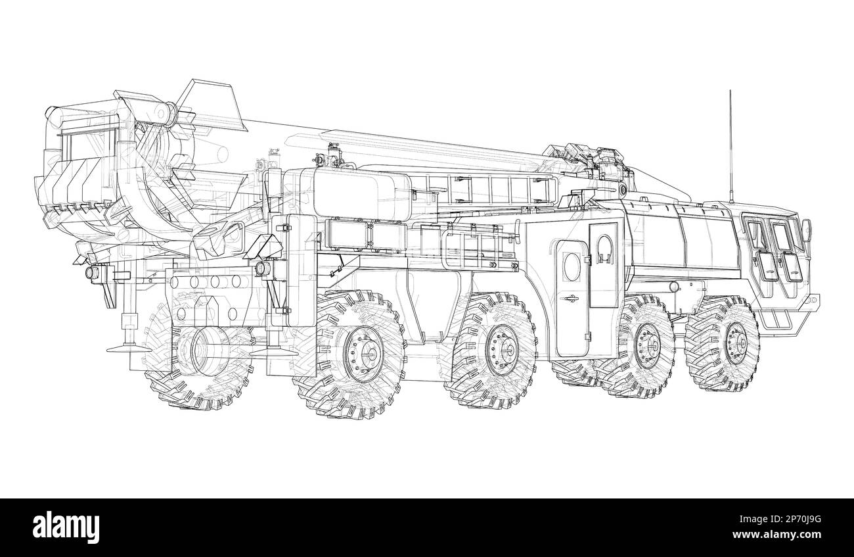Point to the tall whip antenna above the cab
click(x=729, y=145)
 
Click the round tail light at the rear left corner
click(x=90, y=272)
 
